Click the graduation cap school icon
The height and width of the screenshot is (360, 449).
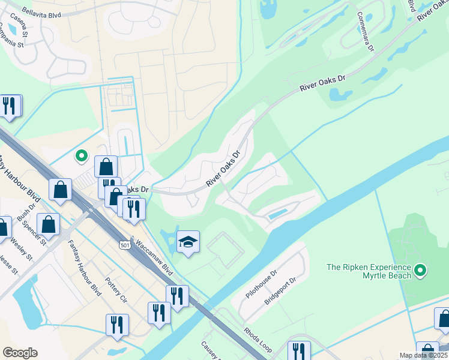click(188, 242)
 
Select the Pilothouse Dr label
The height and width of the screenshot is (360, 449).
click(262, 285)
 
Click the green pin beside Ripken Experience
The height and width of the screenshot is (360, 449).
click(420, 271)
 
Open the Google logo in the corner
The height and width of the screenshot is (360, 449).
click(20, 353)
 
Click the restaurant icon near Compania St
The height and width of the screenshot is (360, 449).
click(9, 106)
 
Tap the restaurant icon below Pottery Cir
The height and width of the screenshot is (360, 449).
click(117, 325)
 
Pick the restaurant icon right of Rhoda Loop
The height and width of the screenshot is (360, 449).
click(299, 350)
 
